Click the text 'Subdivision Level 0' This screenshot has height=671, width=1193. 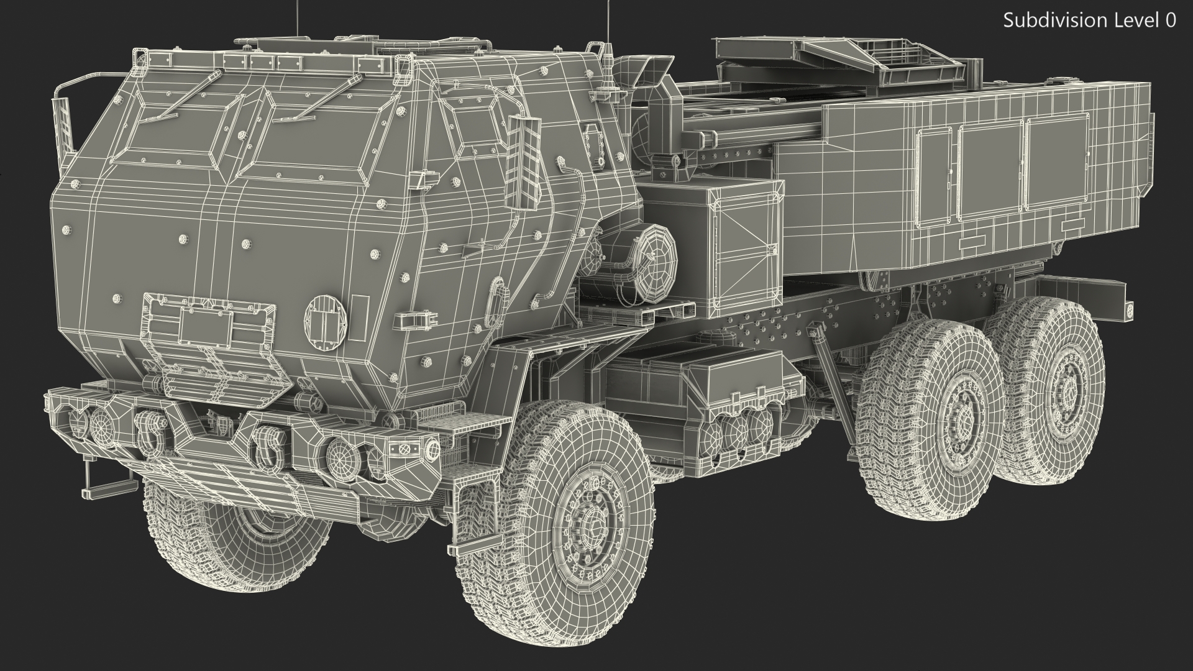(x=1089, y=21)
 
